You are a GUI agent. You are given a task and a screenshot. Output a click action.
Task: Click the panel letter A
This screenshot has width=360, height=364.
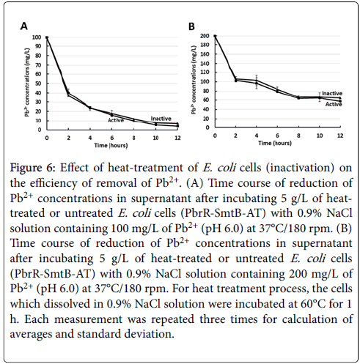(x=24, y=26)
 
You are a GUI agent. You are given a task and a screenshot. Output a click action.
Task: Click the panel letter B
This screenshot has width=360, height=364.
(x=191, y=26)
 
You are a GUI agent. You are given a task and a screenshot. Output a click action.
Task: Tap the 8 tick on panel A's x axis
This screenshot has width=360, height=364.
(x=133, y=138)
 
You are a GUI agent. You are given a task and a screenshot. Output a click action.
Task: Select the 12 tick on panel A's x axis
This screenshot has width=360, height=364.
(x=177, y=138)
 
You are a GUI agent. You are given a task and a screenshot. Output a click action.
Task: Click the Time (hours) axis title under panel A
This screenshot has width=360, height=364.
(x=111, y=146)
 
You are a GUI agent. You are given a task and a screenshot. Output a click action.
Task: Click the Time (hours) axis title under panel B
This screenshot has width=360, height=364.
(x=275, y=143)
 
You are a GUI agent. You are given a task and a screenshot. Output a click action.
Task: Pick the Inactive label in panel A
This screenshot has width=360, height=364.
(x=161, y=119)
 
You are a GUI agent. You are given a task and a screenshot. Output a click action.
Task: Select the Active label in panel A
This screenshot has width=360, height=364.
(x=116, y=120)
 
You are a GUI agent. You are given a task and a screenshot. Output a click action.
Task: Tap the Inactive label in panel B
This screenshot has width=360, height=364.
(x=332, y=94)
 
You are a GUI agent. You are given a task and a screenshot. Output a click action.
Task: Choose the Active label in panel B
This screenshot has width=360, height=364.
(x=334, y=105)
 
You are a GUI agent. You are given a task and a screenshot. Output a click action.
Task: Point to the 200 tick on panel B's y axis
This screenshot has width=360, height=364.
(x=205, y=36)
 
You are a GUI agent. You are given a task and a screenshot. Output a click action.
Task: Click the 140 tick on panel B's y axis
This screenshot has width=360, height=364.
(x=205, y=64)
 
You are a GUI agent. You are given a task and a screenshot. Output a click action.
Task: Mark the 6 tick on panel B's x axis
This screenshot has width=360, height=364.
(x=277, y=135)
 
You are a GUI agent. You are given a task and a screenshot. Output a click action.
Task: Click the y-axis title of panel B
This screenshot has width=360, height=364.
(x=194, y=80)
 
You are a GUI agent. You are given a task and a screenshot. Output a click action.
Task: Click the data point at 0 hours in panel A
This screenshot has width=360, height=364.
(x=47, y=37)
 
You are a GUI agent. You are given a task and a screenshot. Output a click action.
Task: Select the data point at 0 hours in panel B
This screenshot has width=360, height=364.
(x=215, y=36)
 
